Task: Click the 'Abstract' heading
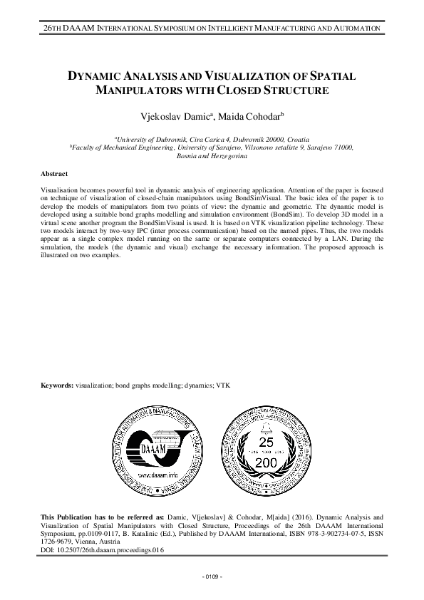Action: (54, 174)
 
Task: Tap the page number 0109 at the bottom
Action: (212, 575)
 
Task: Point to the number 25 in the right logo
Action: (266, 444)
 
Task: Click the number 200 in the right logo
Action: (266, 463)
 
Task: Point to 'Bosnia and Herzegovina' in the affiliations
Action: (212, 155)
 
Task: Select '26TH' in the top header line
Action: (53, 27)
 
